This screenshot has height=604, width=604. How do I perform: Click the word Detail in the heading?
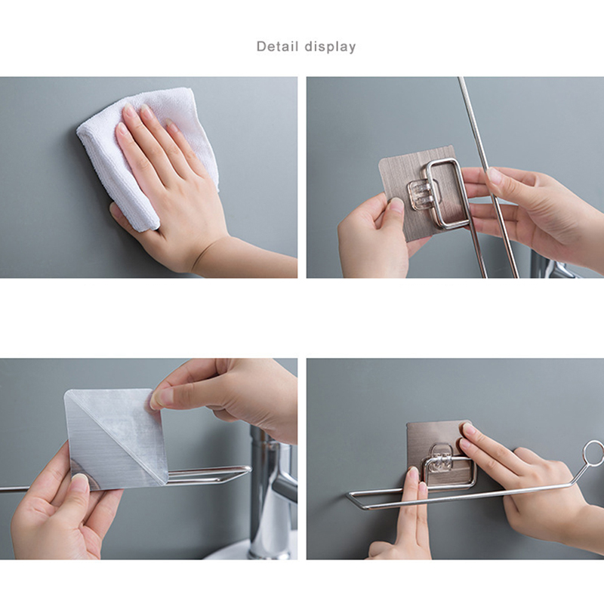click(x=277, y=46)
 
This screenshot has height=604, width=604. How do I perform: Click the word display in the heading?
click(x=330, y=47)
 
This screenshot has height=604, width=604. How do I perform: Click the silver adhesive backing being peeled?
click(x=116, y=439)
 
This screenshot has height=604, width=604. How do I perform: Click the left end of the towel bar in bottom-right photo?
click(x=350, y=495)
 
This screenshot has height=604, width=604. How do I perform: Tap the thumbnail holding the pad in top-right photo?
click(x=396, y=204)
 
